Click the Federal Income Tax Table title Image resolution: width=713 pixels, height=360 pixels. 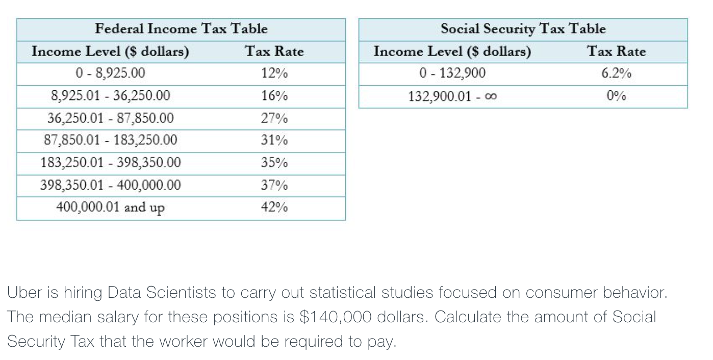181,29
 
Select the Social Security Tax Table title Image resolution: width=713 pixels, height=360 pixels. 523,29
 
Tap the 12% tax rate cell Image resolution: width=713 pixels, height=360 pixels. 274,73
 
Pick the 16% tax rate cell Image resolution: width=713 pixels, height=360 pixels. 274,96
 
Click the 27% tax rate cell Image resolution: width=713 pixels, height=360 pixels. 274,118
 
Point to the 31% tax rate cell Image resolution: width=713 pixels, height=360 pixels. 274,140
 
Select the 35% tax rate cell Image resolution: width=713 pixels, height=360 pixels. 274,163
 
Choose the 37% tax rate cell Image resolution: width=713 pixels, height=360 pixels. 274,185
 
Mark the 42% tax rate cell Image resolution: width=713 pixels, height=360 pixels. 274,208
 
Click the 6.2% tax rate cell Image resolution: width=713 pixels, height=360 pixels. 616,73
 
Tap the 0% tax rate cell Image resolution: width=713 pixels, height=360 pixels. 616,96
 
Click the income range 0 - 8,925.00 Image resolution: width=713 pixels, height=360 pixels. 110,73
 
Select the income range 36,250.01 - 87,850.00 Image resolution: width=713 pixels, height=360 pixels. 110,118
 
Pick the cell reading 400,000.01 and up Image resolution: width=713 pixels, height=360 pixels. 110,208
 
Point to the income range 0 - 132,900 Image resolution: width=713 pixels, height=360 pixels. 452,73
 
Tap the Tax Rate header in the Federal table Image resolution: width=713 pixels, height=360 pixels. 274,52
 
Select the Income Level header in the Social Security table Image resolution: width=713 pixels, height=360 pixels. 452,52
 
